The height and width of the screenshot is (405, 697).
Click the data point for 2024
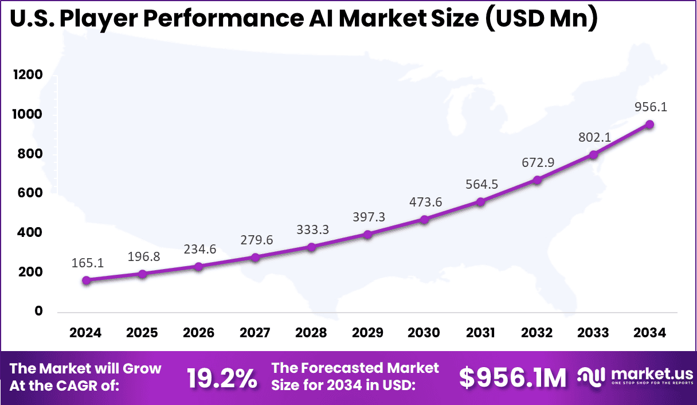[86, 281]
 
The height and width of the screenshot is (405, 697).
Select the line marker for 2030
[424, 220]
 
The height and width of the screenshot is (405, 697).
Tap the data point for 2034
[650, 124]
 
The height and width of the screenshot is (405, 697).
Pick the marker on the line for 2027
[255, 258]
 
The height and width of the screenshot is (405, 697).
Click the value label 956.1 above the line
[650, 107]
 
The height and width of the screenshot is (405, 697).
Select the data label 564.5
[480, 184]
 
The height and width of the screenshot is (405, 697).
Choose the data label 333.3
[312, 229]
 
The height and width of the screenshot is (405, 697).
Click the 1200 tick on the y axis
[28, 75]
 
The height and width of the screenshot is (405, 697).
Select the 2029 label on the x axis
[368, 333]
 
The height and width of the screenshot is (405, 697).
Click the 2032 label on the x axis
[537, 333]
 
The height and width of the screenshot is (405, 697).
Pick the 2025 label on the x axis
[142, 333]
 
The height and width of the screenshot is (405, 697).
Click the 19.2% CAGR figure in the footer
[222, 378]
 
